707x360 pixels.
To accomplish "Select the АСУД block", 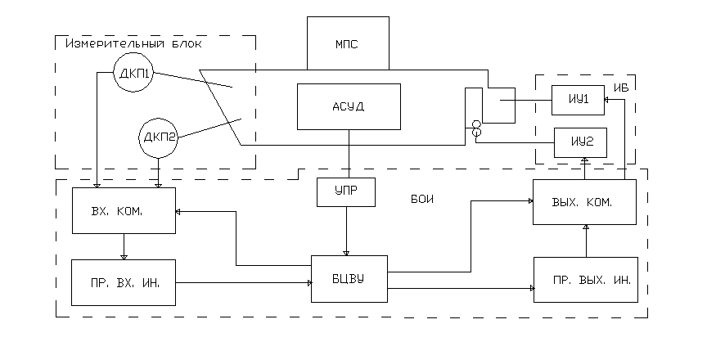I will coord(349,106).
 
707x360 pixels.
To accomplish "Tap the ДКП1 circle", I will coord(133,74).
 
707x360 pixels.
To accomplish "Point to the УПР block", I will coord(346,191).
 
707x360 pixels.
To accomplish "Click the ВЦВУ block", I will coord(349,278).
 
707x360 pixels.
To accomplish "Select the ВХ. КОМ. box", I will coord(123,210).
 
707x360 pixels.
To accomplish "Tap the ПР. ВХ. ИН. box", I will coord(123,282).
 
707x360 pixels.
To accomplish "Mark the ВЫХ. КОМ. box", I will coord(584,201).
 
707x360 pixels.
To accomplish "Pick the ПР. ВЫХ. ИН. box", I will coord(584,280).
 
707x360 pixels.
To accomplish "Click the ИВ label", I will coord(621,84).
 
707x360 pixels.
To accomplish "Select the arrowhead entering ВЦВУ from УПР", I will coord(346,252).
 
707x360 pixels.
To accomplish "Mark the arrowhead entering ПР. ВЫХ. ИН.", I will coord(530,287).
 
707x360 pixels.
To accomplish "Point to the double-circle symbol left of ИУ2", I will coord(475,129).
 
